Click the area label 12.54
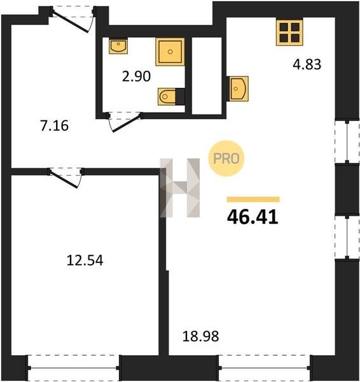tap(85, 260)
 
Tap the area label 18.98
tap(200, 336)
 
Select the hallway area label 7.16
tap(55, 126)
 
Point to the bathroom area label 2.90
tap(136, 76)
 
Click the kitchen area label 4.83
tap(307, 64)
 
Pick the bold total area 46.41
tap(253, 217)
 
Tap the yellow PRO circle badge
tap(226, 159)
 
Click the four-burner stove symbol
tap(289, 32)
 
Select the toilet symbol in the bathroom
tap(171, 97)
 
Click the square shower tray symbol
tap(170, 52)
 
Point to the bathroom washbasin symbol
tap(118, 46)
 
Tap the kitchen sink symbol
tap(237, 88)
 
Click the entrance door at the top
tap(73, 20)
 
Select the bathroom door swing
tap(124, 122)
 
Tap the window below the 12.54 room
tap(74, 368)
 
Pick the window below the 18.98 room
tap(265, 368)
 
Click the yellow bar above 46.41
tap(253, 199)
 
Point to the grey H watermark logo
tap(180, 188)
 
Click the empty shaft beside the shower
tap(207, 76)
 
